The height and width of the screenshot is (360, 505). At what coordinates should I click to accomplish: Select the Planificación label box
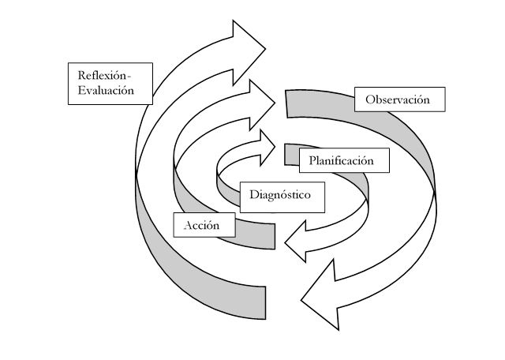(x=346, y=160)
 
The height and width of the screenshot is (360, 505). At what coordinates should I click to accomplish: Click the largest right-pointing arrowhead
(x=249, y=47)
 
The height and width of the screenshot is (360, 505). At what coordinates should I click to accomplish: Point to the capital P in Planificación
(x=313, y=161)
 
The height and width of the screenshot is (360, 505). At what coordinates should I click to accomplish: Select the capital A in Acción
(x=188, y=226)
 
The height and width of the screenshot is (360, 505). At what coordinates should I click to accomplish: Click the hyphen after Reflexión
(x=131, y=76)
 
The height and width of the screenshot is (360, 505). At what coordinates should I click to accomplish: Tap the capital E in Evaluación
(x=81, y=91)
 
